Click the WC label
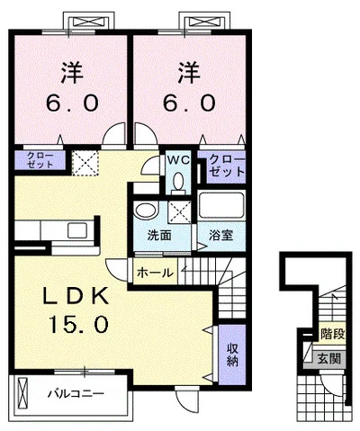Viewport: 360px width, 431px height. coord(175,161)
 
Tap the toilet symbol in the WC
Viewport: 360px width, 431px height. coord(176,180)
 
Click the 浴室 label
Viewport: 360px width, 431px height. coord(220,236)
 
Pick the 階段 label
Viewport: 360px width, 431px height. coord(332,334)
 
